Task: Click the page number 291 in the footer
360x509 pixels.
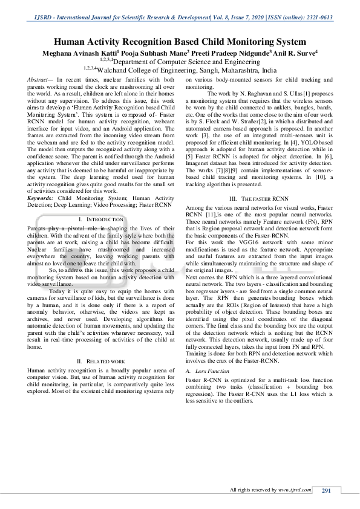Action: pyautogui.click(x=326, y=490)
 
